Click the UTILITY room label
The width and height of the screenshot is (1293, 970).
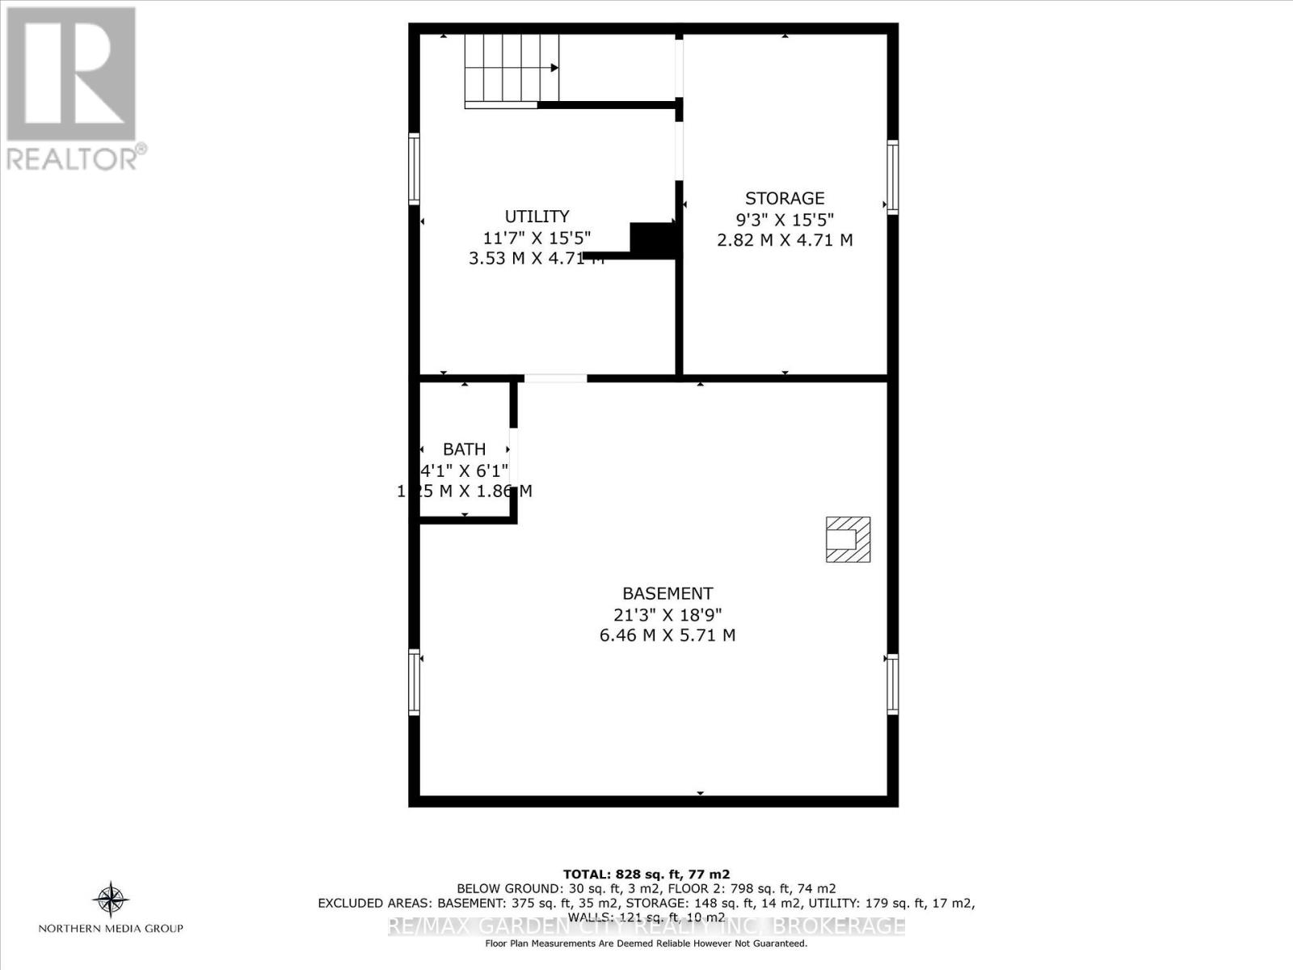pos(537,217)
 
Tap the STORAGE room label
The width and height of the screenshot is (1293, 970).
pos(785,199)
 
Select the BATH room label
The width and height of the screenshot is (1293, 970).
pos(465,449)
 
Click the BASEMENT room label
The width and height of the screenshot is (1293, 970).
pos(668,593)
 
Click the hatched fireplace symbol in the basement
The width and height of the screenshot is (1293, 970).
pos(848,539)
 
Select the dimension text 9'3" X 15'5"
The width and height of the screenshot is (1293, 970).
pos(785,219)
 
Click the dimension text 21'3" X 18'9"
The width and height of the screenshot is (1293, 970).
pos(668,614)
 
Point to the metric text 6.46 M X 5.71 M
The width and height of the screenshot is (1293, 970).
pos(668,635)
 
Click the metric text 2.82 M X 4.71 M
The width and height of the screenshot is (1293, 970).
pos(785,240)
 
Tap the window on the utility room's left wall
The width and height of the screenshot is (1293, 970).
pos(414,168)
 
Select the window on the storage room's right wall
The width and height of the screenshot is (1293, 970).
pos(893,177)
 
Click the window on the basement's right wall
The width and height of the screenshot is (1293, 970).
pos(893,684)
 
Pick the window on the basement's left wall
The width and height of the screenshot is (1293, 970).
pos(414,682)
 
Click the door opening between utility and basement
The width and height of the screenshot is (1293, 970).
pos(555,377)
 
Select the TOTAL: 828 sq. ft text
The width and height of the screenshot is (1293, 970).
pos(646,874)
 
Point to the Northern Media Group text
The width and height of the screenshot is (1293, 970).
pos(111,929)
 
